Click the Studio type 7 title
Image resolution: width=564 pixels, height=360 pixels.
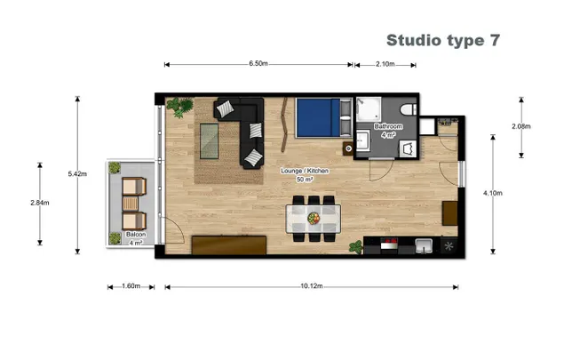point(443,41)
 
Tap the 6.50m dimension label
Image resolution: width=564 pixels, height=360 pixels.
point(258,64)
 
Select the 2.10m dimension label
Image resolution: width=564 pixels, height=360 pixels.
point(385,64)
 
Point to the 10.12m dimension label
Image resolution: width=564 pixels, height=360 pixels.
point(312,286)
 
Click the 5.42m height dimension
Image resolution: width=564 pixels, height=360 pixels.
point(77,174)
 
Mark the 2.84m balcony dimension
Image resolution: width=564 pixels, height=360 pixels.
point(40,203)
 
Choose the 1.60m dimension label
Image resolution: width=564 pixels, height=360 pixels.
point(131,286)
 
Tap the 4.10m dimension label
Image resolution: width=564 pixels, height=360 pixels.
point(493,193)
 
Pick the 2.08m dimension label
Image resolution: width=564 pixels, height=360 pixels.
point(521,126)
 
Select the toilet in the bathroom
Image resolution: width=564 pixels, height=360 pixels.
point(409,109)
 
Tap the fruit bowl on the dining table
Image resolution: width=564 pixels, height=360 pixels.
point(314,218)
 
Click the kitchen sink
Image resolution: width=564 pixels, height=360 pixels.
point(424,245)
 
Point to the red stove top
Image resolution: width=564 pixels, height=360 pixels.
point(389,244)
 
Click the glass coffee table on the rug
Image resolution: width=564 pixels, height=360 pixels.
point(209,141)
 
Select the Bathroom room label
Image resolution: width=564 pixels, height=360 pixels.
point(388,126)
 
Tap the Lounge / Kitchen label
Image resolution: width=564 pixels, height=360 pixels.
point(305,171)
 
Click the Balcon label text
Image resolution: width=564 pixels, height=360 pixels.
point(136,235)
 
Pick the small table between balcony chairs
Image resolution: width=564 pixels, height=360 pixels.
point(131,204)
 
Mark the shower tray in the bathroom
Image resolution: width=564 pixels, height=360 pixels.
point(369,108)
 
